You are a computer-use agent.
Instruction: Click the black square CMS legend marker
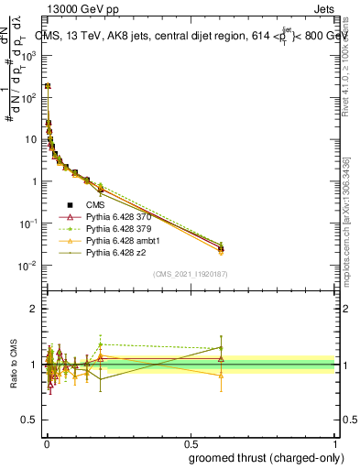(70, 205)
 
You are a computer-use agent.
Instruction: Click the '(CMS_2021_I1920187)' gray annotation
(190, 274)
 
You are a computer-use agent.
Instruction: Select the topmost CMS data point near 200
(48, 85)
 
